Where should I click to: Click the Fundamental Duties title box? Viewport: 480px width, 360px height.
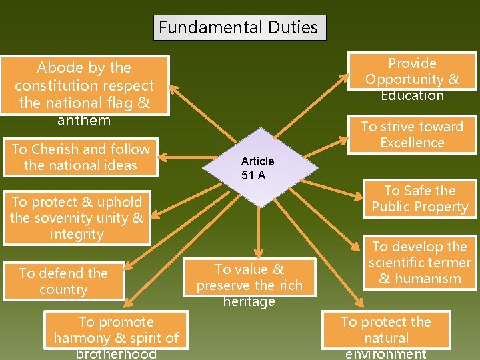pyautogui.click(x=239, y=28)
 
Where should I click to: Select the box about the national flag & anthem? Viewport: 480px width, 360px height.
pyautogui.click(x=85, y=86)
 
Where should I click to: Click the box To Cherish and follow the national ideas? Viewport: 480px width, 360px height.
pyautogui.click(x=81, y=157)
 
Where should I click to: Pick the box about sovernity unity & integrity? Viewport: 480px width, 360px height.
pyautogui.click(x=77, y=218)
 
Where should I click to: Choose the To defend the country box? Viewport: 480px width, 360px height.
pyautogui.click(x=63, y=281)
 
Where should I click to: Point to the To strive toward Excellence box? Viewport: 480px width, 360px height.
pyautogui.click(x=412, y=135)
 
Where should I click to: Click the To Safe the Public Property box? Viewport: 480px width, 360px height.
pyautogui.click(x=420, y=199)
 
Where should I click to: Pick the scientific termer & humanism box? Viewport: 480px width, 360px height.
pyautogui.click(x=420, y=263)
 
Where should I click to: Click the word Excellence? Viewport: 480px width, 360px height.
pyautogui.click(x=412, y=143)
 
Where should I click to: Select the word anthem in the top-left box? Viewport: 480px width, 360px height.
pyautogui.click(x=84, y=121)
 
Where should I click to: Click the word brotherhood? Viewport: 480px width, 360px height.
pyautogui.click(x=116, y=353)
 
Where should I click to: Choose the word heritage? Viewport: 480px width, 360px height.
pyautogui.click(x=249, y=301)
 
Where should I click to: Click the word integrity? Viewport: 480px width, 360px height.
pyautogui.click(x=77, y=234)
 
